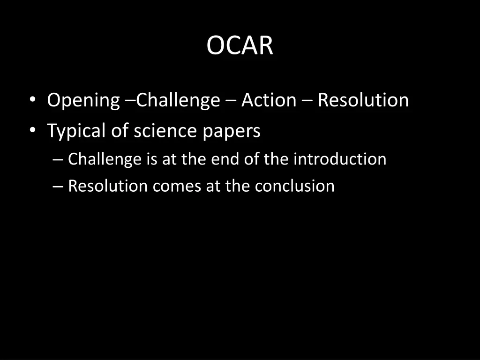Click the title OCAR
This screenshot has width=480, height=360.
240,45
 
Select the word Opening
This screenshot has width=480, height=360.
83,101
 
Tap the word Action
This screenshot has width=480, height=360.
269,100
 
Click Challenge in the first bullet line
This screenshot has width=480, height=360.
178,101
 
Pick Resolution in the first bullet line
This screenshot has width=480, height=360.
363,100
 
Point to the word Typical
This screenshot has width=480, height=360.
76,131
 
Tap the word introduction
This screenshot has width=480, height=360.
340,159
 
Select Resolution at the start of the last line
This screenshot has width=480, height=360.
108,186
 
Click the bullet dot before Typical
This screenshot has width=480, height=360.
32,131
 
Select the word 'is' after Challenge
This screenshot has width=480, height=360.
151,159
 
